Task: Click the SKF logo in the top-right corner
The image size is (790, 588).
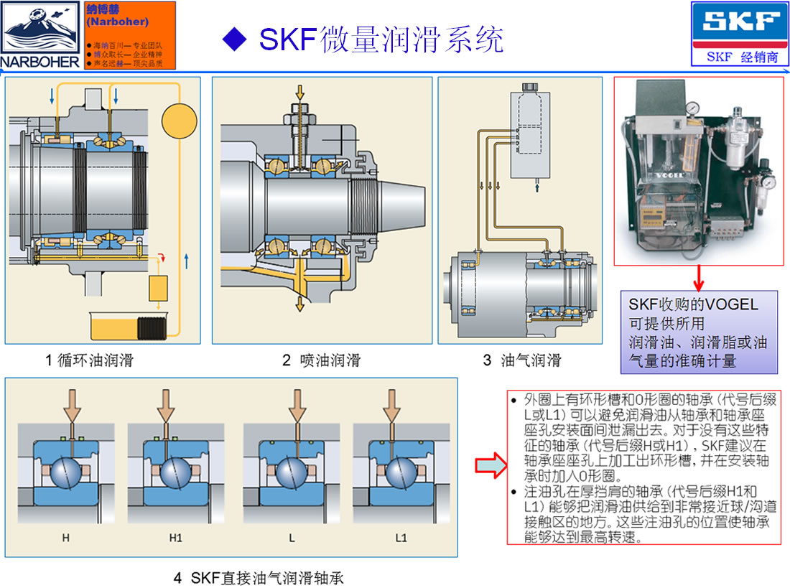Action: click(x=739, y=24)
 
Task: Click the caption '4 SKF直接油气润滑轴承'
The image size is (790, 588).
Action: click(x=264, y=577)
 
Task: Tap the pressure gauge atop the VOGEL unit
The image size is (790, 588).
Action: click(x=692, y=108)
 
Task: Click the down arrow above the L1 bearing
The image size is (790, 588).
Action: click(x=390, y=406)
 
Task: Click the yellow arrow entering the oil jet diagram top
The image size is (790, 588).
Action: click(x=300, y=92)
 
